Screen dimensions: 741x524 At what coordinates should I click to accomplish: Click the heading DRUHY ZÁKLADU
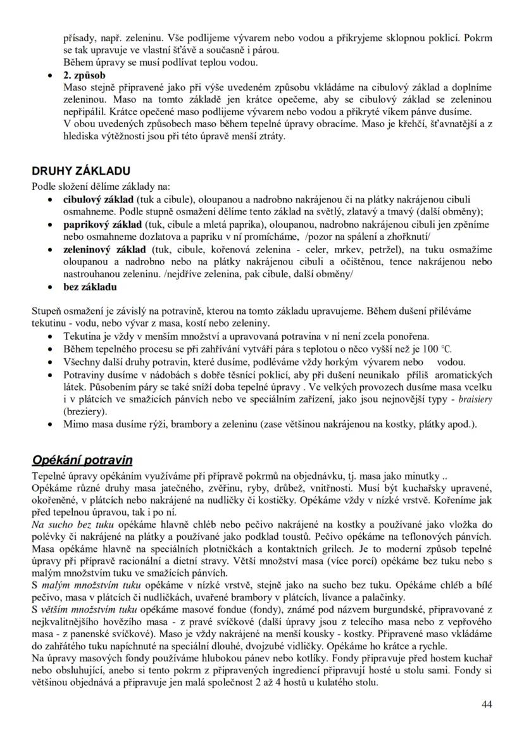point(81,170)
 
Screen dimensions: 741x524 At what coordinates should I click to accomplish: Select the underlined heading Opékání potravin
point(82,460)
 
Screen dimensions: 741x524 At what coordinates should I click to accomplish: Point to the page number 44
point(486,704)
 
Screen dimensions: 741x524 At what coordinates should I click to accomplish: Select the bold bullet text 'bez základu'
point(90,287)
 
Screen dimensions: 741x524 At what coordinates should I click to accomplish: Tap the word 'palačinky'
point(384,596)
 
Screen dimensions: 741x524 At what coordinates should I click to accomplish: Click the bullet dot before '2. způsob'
point(51,75)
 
